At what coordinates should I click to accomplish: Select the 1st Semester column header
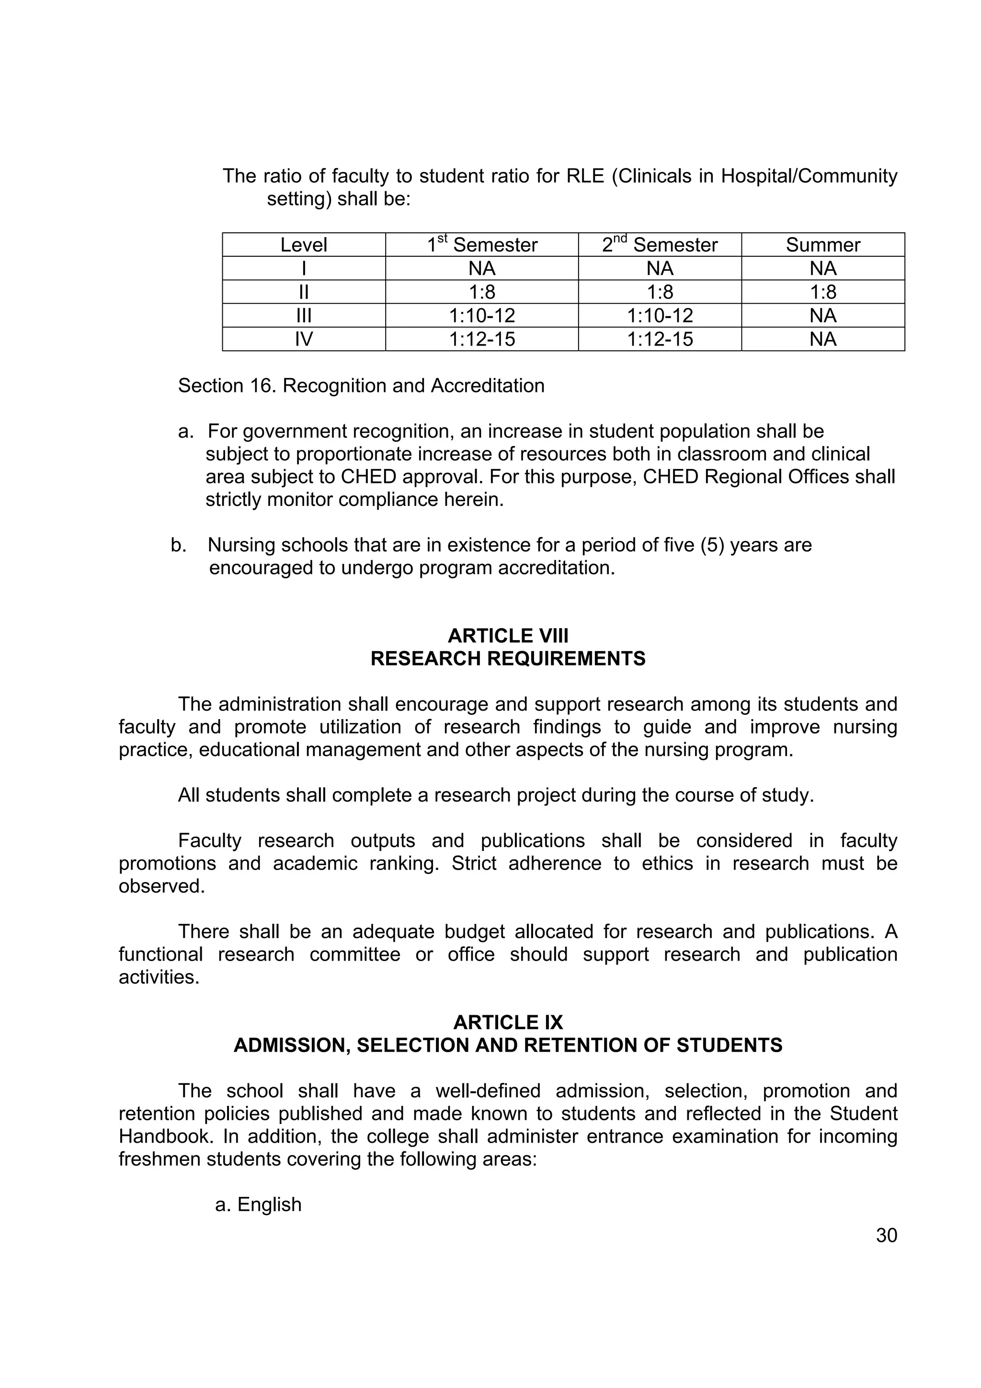[482, 245]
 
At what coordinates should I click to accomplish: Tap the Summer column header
[822, 245]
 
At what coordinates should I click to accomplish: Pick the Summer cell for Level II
[822, 292]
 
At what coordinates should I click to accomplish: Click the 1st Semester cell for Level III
[482, 316]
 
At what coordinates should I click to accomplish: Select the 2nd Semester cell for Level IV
[660, 339]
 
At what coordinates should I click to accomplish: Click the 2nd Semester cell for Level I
[660, 268]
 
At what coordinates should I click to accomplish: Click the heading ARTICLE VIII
[508, 636]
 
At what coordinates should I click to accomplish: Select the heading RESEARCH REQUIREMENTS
[508, 658]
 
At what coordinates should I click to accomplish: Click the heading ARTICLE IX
[508, 1022]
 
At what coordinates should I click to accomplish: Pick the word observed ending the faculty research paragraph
[161, 886]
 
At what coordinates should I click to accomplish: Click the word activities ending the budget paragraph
[159, 977]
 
